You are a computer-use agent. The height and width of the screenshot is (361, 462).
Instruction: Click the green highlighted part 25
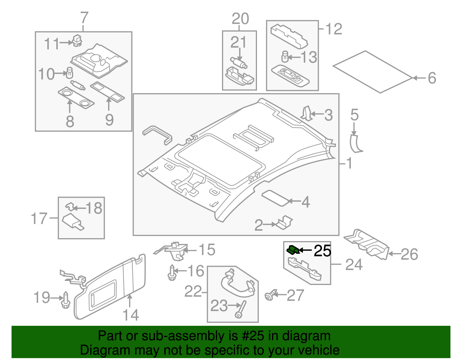point(293,249)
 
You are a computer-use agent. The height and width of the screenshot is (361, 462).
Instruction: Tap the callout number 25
point(322,251)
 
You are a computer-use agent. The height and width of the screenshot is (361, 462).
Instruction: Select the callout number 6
point(432,78)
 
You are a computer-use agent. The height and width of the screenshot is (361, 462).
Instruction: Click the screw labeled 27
point(269,296)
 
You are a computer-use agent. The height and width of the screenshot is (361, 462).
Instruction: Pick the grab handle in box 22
point(237,285)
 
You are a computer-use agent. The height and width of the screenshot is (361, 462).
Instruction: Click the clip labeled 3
point(306,113)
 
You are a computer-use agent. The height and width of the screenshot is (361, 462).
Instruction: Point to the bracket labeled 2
point(284,222)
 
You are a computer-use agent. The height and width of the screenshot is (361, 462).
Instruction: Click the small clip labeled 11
point(77,40)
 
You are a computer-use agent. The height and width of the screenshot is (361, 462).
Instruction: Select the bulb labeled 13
point(285,56)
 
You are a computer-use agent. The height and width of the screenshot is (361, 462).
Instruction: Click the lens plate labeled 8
point(76,98)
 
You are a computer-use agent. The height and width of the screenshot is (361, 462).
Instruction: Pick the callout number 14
point(131,315)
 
